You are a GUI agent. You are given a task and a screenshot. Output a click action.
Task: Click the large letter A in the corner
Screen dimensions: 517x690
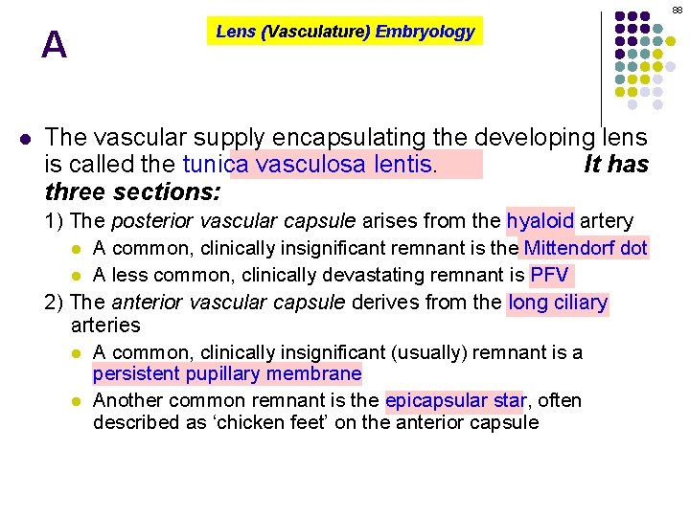pos(55,45)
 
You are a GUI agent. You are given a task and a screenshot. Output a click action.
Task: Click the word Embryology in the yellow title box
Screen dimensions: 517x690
pos(425,32)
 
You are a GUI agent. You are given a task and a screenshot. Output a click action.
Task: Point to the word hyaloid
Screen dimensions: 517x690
pos(540,221)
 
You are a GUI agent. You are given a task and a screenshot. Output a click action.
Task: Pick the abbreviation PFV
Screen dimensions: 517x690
pos(550,276)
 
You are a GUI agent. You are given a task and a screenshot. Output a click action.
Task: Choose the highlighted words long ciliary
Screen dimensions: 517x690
pos(558,303)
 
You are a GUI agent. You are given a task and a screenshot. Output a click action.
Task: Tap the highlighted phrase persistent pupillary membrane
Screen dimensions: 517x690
pos(227,373)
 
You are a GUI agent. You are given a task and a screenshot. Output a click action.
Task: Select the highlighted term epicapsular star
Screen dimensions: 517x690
pos(456,400)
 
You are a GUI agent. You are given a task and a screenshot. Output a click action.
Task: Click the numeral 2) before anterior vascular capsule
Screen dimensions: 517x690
pos(56,303)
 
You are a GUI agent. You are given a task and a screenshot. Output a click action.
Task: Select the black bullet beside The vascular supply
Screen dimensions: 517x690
pos(25,137)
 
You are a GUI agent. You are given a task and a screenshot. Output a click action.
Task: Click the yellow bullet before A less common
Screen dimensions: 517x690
pos(79,276)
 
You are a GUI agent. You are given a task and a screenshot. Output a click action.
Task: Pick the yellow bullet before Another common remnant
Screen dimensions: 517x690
pos(79,400)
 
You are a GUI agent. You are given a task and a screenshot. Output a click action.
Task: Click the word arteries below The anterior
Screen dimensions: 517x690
pos(105,326)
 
